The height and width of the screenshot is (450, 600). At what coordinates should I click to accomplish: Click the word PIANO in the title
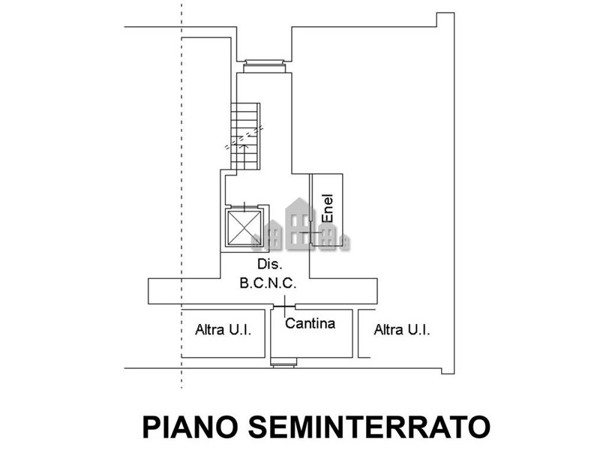coord(192,427)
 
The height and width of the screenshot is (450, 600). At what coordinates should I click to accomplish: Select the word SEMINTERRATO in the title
coord(369,427)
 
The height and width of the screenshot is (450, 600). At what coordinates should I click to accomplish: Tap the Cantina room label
coord(310,323)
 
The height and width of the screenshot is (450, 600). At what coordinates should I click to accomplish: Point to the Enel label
coord(328,208)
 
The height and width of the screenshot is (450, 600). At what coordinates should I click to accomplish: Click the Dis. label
coord(270,264)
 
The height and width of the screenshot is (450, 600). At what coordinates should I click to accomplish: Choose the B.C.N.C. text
coord(268,283)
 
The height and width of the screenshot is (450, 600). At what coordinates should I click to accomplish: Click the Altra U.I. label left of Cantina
coord(223,329)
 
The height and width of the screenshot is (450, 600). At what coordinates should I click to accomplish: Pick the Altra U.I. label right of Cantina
coord(402,329)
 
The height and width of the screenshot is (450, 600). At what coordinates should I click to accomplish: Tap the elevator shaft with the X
coord(244,228)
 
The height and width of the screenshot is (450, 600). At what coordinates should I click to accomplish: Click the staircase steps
coord(245,136)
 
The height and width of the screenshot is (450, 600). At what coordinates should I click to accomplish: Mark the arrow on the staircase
coord(245,155)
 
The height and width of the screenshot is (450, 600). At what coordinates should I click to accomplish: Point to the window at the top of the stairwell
coord(265,66)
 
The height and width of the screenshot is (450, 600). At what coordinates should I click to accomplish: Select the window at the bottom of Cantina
coord(283,362)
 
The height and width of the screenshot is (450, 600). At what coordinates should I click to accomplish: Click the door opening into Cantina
coord(284,306)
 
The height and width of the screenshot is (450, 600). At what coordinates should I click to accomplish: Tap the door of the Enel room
coord(311,232)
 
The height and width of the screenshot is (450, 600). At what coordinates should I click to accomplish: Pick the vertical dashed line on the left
coord(181,194)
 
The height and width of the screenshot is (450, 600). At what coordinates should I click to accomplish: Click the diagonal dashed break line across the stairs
coord(244,137)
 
